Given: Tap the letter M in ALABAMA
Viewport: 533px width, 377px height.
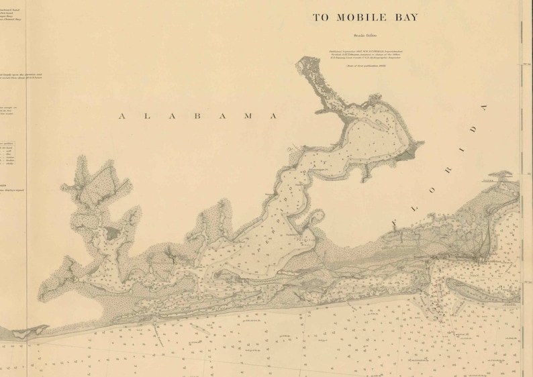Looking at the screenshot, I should [x=248, y=116].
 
